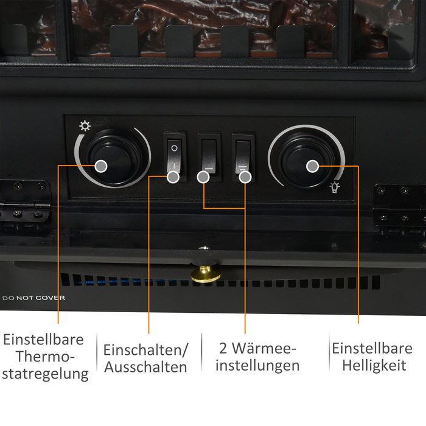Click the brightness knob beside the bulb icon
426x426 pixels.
[307, 160]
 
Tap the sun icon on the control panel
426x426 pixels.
[85, 126]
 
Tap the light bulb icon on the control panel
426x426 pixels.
[335, 187]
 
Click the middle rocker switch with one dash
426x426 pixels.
[209, 157]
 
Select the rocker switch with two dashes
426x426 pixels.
[243, 157]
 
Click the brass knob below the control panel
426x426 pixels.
[206, 274]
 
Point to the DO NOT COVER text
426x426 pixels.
[33, 298]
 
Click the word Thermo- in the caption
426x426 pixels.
[45, 357]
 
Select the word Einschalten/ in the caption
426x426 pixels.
[145, 350]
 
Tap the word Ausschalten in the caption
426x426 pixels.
[145, 367]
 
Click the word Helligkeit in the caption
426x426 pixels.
[374, 366]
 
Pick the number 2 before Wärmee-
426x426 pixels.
[223, 348]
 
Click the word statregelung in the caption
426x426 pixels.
[45, 374]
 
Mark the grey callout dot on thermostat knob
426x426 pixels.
[101, 166]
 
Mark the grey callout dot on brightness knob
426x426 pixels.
[312, 166]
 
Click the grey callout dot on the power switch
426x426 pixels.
[173, 177]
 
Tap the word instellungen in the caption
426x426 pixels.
[257, 366]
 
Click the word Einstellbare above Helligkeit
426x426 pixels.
[372, 348]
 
